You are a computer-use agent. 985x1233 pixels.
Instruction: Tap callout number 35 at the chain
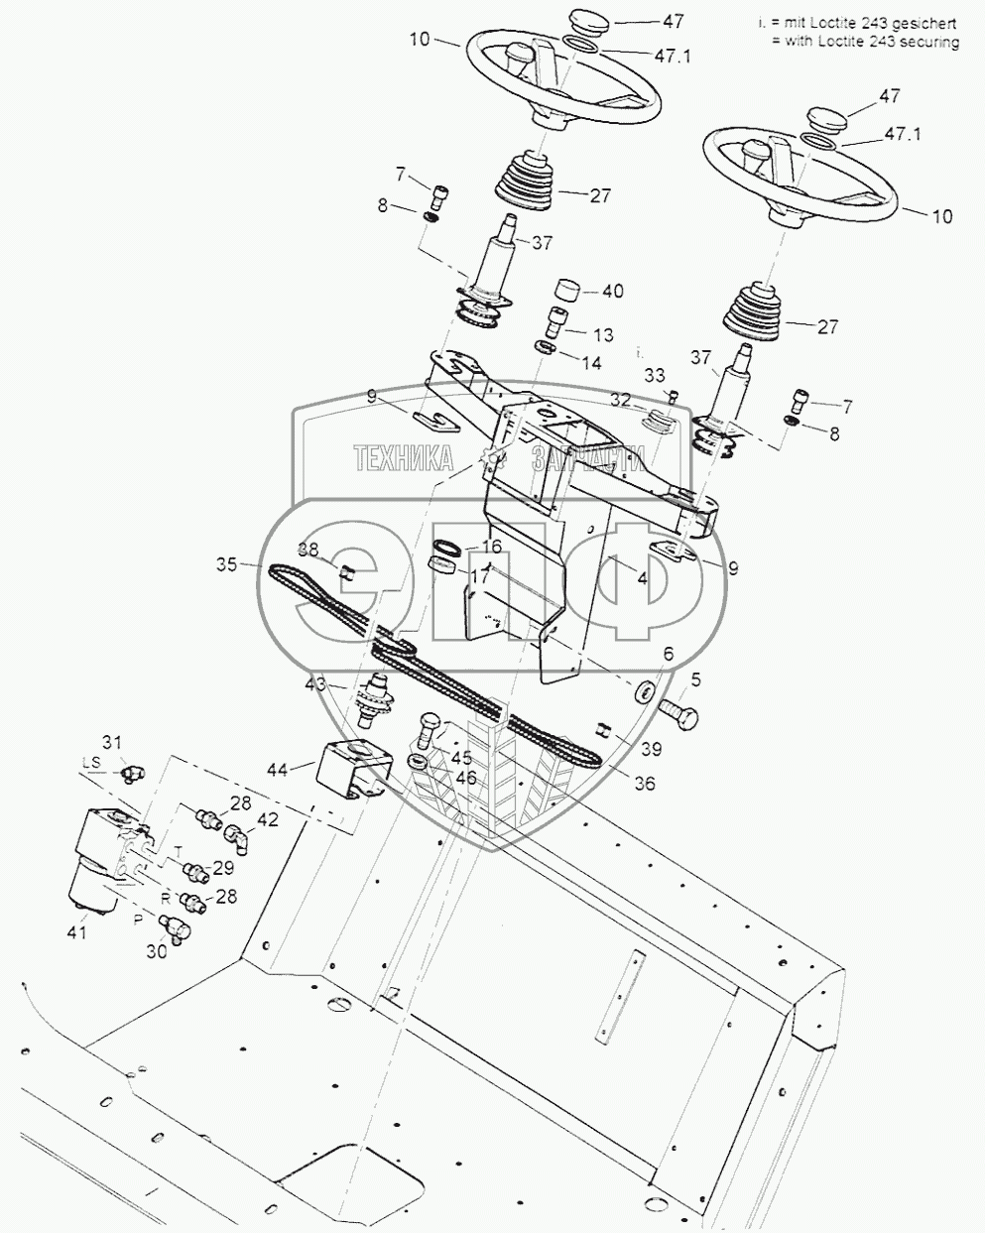[228, 564]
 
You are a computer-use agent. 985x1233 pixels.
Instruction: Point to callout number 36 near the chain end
[644, 783]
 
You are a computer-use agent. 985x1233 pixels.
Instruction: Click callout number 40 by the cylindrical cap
[612, 292]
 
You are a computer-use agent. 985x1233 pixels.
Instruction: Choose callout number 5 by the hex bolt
[694, 680]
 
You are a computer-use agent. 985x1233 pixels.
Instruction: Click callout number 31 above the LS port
[112, 741]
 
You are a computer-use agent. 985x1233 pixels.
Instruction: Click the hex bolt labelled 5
[677, 711]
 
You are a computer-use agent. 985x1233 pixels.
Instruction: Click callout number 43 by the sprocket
[315, 683]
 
